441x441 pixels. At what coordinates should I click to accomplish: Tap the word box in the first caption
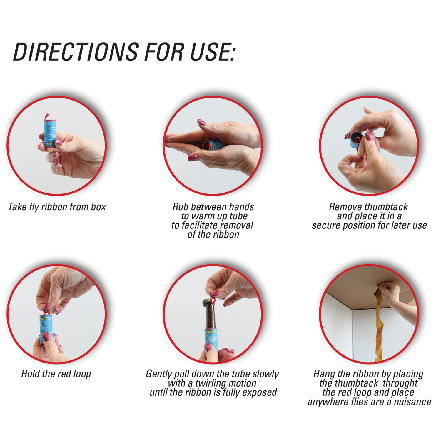98,207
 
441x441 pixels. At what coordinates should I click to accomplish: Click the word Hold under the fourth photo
31,374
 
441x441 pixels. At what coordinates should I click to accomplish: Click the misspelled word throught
400,383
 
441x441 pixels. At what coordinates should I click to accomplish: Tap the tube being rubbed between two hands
213,145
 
